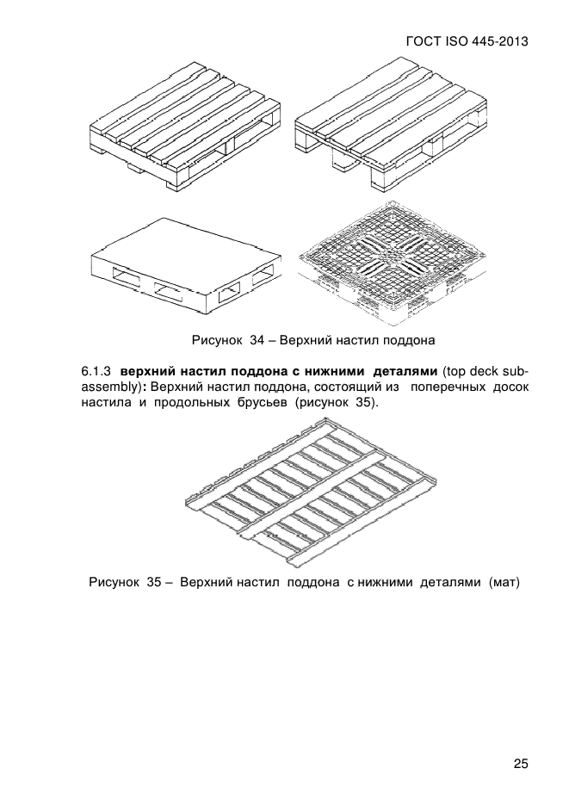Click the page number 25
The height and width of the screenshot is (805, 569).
click(x=520, y=764)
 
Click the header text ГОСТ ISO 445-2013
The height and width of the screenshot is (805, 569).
click(x=465, y=40)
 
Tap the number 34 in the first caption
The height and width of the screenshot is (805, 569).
click(x=256, y=339)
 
